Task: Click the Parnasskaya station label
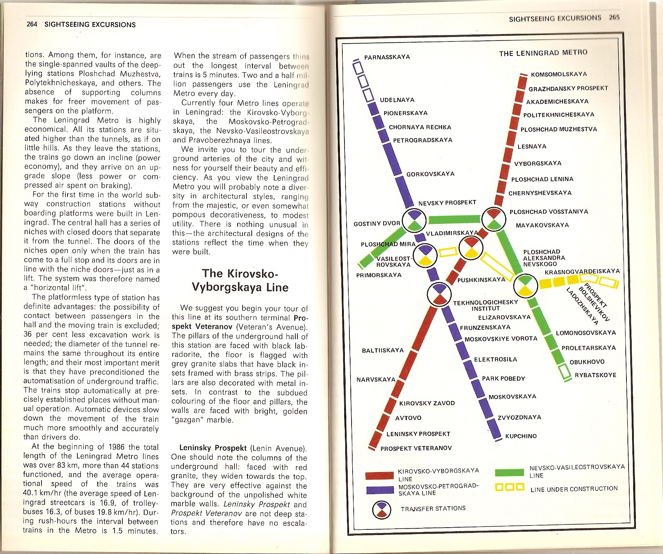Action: coord(387,57)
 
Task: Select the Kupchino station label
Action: coord(521,436)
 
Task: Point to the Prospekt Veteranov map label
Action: coord(416,448)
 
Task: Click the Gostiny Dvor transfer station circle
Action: coord(414,221)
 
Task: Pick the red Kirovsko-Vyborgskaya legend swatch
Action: coord(379,476)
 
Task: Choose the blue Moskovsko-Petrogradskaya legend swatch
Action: coord(379,490)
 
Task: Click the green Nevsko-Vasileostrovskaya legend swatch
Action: coord(509,472)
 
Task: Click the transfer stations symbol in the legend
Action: coord(381,510)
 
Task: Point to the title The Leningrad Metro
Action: coord(543,53)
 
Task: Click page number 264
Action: coord(32,25)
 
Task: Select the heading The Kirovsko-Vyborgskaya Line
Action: coord(240,280)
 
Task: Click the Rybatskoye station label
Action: coord(595,375)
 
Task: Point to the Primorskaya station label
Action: coord(379,275)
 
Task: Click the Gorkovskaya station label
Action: coord(430,174)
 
